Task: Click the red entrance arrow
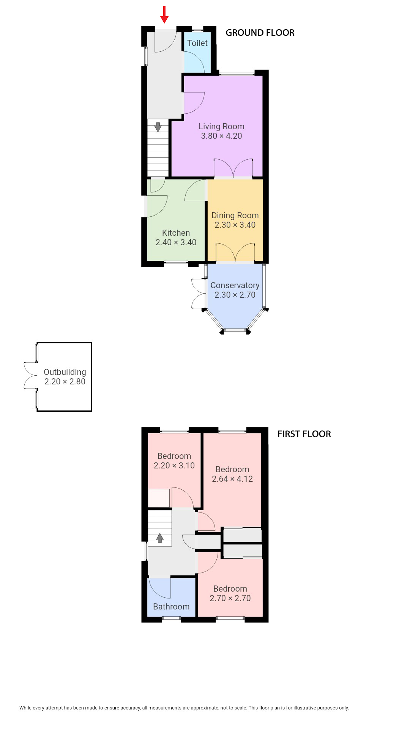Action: [x=164, y=14]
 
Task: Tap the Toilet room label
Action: [x=197, y=43]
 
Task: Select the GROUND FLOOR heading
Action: [x=260, y=33]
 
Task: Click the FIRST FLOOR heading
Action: [x=304, y=434]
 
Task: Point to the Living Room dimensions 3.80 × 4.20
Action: [x=221, y=136]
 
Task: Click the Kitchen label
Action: [x=176, y=233]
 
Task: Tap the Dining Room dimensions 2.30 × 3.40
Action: [x=235, y=225]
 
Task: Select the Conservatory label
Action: [x=235, y=285]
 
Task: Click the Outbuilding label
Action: [x=65, y=372]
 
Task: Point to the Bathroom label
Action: [x=171, y=607]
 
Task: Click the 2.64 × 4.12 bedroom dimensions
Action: [x=232, y=479]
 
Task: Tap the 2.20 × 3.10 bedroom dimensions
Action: [x=174, y=466]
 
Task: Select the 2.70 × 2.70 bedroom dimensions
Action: [x=230, y=598]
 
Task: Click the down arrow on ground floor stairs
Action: [x=158, y=127]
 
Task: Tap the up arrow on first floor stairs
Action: [x=159, y=538]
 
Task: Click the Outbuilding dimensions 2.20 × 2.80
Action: [x=65, y=382]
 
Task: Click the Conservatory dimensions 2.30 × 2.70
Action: [x=235, y=295]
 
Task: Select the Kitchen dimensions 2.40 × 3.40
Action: [x=176, y=243]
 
